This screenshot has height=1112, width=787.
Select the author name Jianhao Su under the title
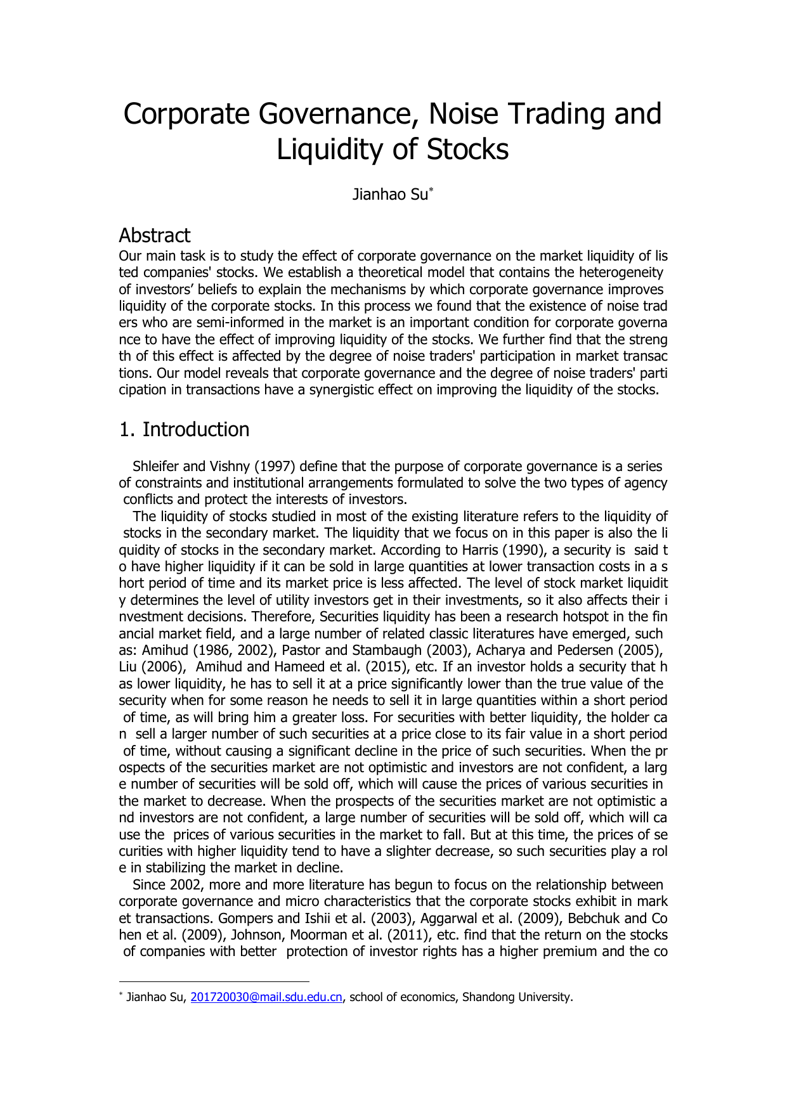pyautogui.click(x=390, y=195)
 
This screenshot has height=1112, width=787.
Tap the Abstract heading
pyautogui.click(x=154, y=236)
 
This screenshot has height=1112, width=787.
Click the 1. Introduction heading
pyautogui.click(x=184, y=430)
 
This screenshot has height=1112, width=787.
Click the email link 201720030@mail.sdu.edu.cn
pyautogui.click(x=266, y=997)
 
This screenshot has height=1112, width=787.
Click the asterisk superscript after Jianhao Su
pyautogui.click(x=431, y=190)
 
